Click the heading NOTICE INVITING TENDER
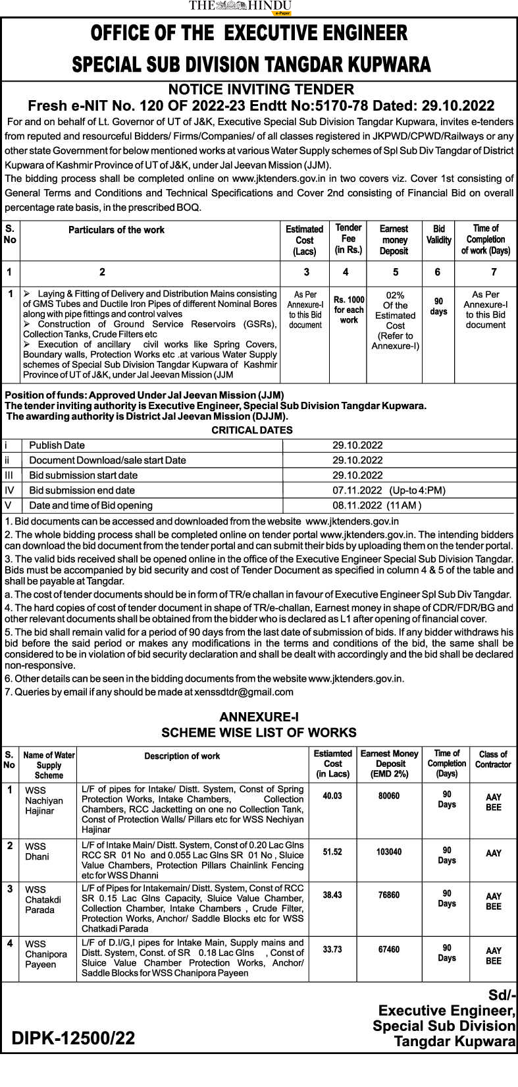pos(261,90)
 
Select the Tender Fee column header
pos(348,239)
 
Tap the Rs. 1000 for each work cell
pos(349,310)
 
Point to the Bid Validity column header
pos(439,235)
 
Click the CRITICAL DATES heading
pos(252,430)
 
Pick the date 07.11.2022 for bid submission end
pos(357,490)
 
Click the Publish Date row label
pos(57,445)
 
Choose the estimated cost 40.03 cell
pos(332,796)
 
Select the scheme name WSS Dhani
pos(37,852)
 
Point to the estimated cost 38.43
pos(332,895)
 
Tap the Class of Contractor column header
pos(493,760)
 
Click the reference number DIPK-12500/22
pos(73,1039)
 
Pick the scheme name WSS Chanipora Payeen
pos(45,954)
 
